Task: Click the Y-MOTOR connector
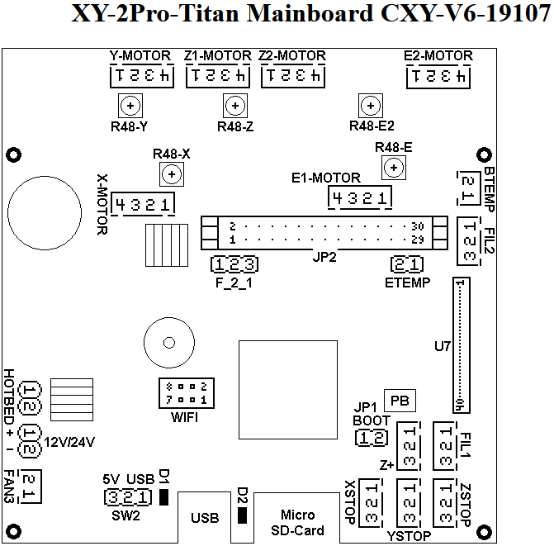pyautogui.click(x=141, y=77)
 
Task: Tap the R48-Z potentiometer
pyautogui.click(x=236, y=106)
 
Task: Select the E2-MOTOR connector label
pyautogui.click(x=438, y=55)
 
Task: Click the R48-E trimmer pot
pyautogui.click(x=395, y=168)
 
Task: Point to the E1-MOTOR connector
pyautogui.click(x=360, y=197)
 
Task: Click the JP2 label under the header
pyautogui.click(x=325, y=257)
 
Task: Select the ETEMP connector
pyautogui.click(x=408, y=264)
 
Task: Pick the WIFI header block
pyautogui.click(x=184, y=393)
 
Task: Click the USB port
pyautogui.click(x=205, y=518)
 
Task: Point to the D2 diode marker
pyautogui.click(x=242, y=515)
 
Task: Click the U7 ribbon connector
pyautogui.click(x=461, y=345)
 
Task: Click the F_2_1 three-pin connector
pyautogui.click(x=236, y=264)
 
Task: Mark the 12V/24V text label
pyautogui.click(x=70, y=442)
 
